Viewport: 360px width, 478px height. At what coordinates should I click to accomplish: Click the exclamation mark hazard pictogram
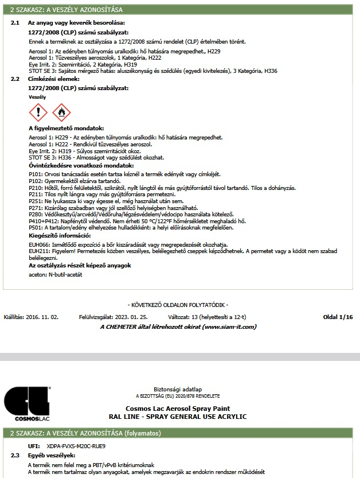click(38, 112)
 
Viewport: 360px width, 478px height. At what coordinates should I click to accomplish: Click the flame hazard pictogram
click(61, 112)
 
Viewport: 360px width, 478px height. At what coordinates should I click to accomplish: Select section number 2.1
click(15, 22)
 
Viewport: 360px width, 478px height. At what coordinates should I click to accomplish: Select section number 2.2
click(15, 79)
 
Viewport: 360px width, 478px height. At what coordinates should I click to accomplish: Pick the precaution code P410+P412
click(43, 220)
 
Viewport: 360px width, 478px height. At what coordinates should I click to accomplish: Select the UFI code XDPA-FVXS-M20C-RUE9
click(76, 445)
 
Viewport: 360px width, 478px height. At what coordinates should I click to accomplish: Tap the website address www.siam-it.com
click(229, 327)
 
